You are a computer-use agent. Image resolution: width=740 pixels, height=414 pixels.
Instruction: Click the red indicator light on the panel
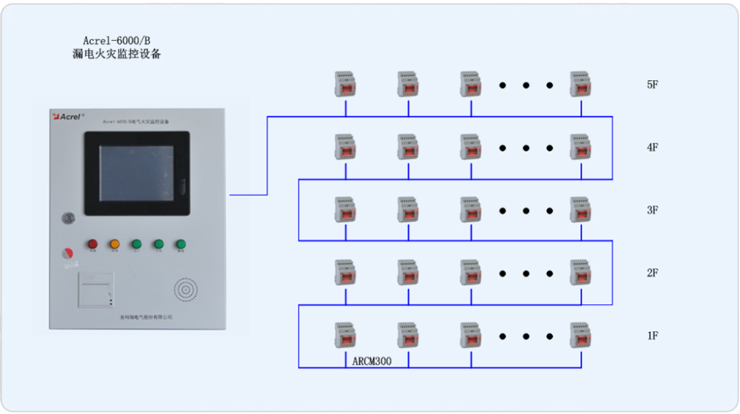pyautogui.click(x=92, y=244)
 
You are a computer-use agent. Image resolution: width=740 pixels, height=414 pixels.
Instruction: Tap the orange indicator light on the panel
pyautogui.click(x=114, y=244)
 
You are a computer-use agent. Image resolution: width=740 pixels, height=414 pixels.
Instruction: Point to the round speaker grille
pyautogui.click(x=186, y=290)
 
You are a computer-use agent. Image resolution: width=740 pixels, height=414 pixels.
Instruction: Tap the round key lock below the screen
pyautogui.click(x=69, y=218)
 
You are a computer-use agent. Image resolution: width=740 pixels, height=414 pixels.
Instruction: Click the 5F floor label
pyautogui.click(x=653, y=84)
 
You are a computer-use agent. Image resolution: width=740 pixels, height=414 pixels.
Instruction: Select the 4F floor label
pyautogui.click(x=653, y=147)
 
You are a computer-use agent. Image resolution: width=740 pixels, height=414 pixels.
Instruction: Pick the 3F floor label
pyautogui.click(x=653, y=210)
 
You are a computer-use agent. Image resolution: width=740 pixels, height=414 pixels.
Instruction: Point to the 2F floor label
pyautogui.click(x=653, y=273)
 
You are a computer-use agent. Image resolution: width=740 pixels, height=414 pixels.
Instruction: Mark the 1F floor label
pyautogui.click(x=653, y=335)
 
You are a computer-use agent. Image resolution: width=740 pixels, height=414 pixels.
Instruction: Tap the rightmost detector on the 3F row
pyautogui.click(x=581, y=209)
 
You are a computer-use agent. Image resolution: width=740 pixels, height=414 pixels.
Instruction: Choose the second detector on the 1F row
pyautogui.click(x=408, y=335)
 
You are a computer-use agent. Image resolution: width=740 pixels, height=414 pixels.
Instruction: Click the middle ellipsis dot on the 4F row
pyautogui.click(x=527, y=148)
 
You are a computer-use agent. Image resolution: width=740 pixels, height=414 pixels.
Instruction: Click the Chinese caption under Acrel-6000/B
pyautogui.click(x=117, y=55)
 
